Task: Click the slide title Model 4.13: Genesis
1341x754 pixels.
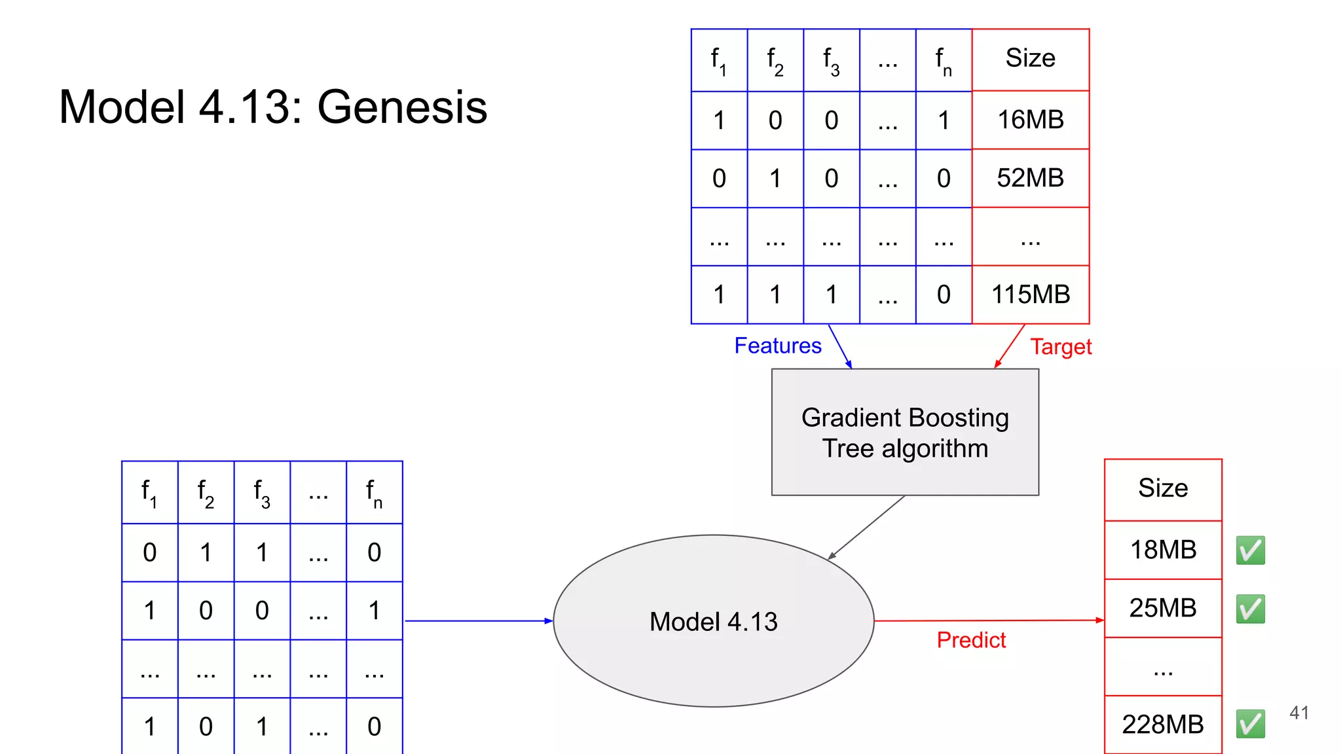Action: (x=272, y=107)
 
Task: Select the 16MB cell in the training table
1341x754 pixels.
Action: (x=1030, y=120)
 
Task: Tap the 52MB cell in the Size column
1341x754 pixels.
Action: (x=1030, y=178)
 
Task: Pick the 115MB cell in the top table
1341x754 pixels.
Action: (x=1030, y=295)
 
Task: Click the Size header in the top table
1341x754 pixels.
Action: (x=1030, y=58)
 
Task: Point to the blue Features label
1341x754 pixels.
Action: (x=777, y=346)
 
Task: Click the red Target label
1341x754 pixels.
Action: (x=1061, y=347)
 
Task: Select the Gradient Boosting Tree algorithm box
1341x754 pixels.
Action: (x=905, y=432)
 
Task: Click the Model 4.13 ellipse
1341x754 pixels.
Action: (x=713, y=621)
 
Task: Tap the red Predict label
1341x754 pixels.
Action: (x=970, y=640)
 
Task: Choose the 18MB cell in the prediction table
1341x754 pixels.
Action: (x=1163, y=550)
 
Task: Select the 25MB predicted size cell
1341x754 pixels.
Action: (x=1163, y=608)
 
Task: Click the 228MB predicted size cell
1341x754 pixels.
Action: (x=1163, y=725)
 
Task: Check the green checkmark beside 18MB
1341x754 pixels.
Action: (x=1250, y=550)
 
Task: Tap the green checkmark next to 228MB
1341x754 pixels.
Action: (x=1250, y=724)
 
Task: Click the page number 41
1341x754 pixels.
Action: (x=1299, y=713)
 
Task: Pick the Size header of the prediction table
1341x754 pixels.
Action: (x=1163, y=488)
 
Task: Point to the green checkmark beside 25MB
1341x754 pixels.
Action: (x=1250, y=609)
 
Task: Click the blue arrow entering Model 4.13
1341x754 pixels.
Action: (x=478, y=620)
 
